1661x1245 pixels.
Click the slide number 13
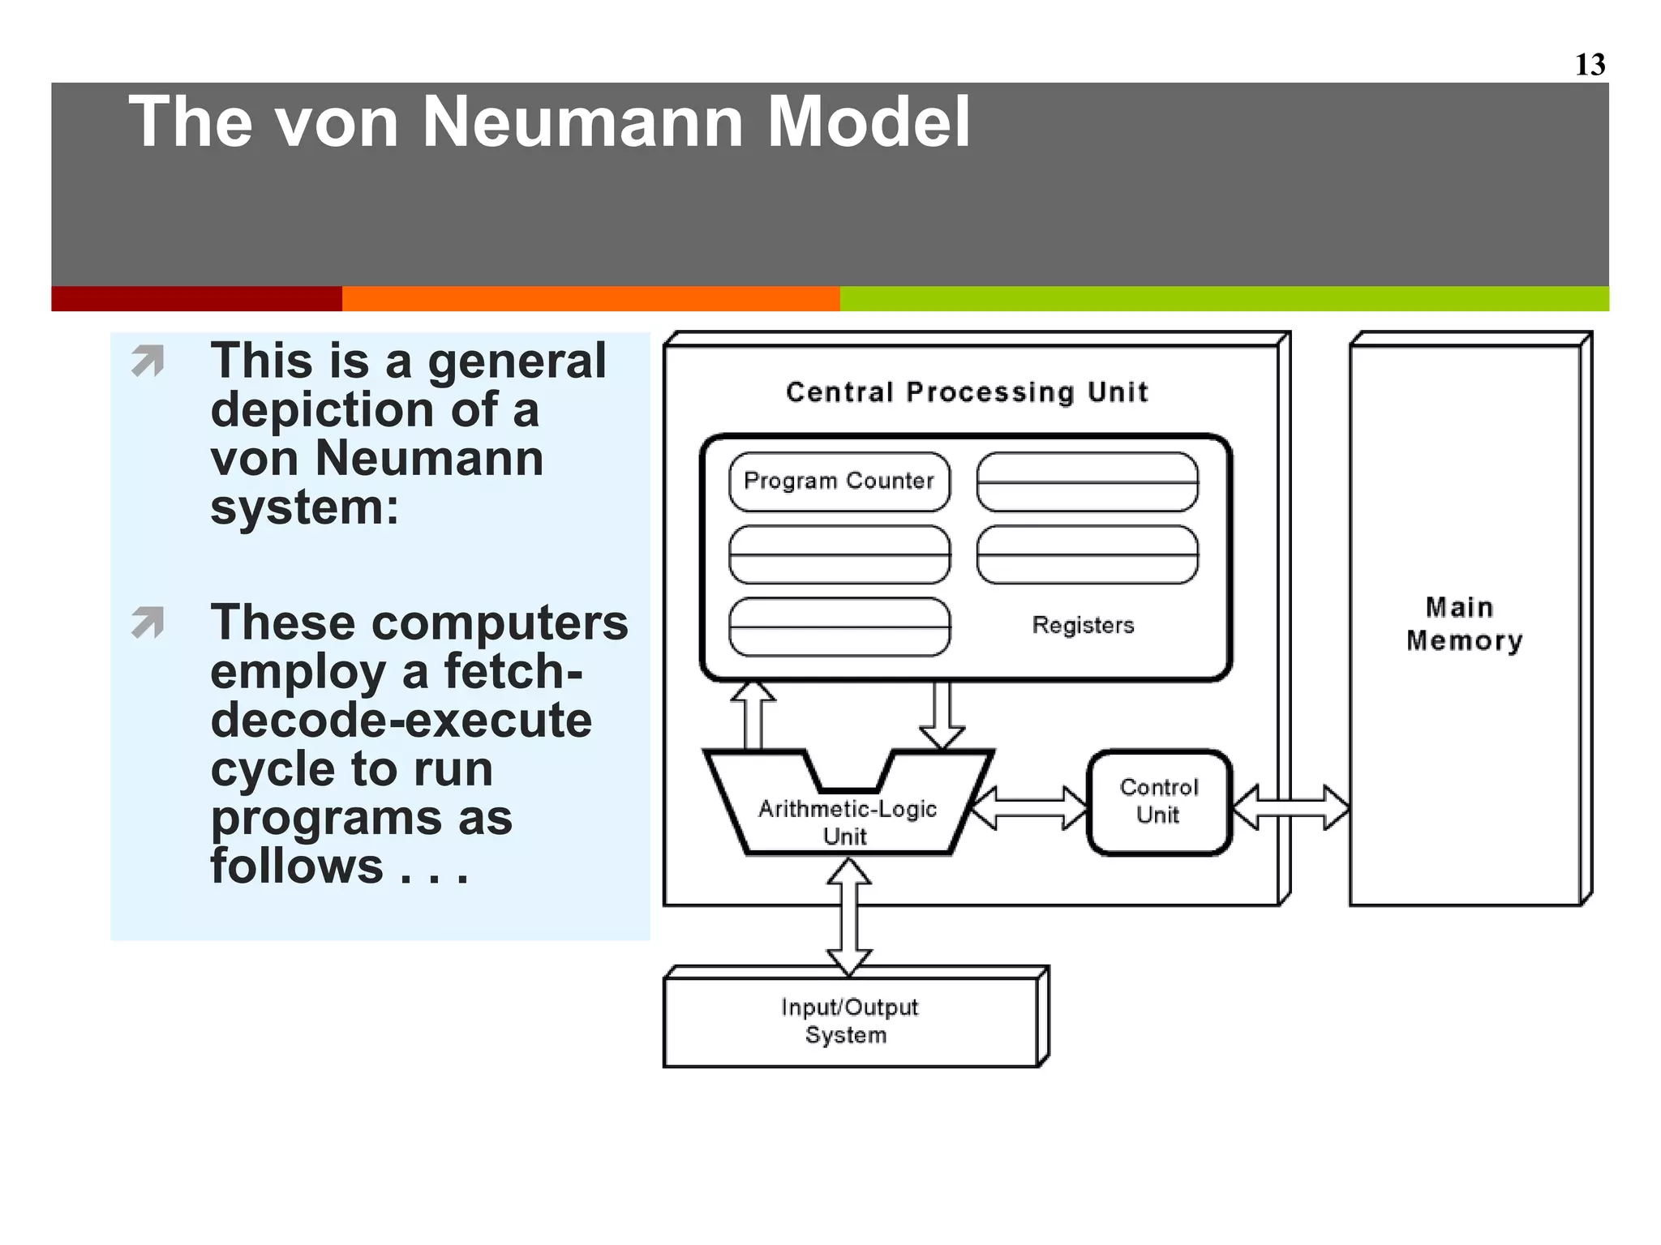(1590, 65)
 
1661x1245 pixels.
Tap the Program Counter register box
(839, 481)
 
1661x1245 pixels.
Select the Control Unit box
(1159, 802)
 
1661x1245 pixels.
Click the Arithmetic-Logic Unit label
(847, 821)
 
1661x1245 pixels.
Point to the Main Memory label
(1465, 623)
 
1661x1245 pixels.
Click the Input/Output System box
(850, 1020)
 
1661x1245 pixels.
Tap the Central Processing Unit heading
(967, 392)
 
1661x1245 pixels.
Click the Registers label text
(1083, 625)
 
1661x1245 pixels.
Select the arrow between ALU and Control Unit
(1029, 807)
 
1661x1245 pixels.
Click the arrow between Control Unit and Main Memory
(1290, 807)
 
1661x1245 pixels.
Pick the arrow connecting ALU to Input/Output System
(848, 917)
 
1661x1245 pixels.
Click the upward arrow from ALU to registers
(753, 715)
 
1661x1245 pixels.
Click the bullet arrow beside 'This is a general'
(148, 361)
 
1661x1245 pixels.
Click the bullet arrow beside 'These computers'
(148, 622)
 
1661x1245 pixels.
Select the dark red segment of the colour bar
(196, 298)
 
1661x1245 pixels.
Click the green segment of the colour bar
(1224, 298)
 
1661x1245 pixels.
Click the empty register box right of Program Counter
(1087, 481)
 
